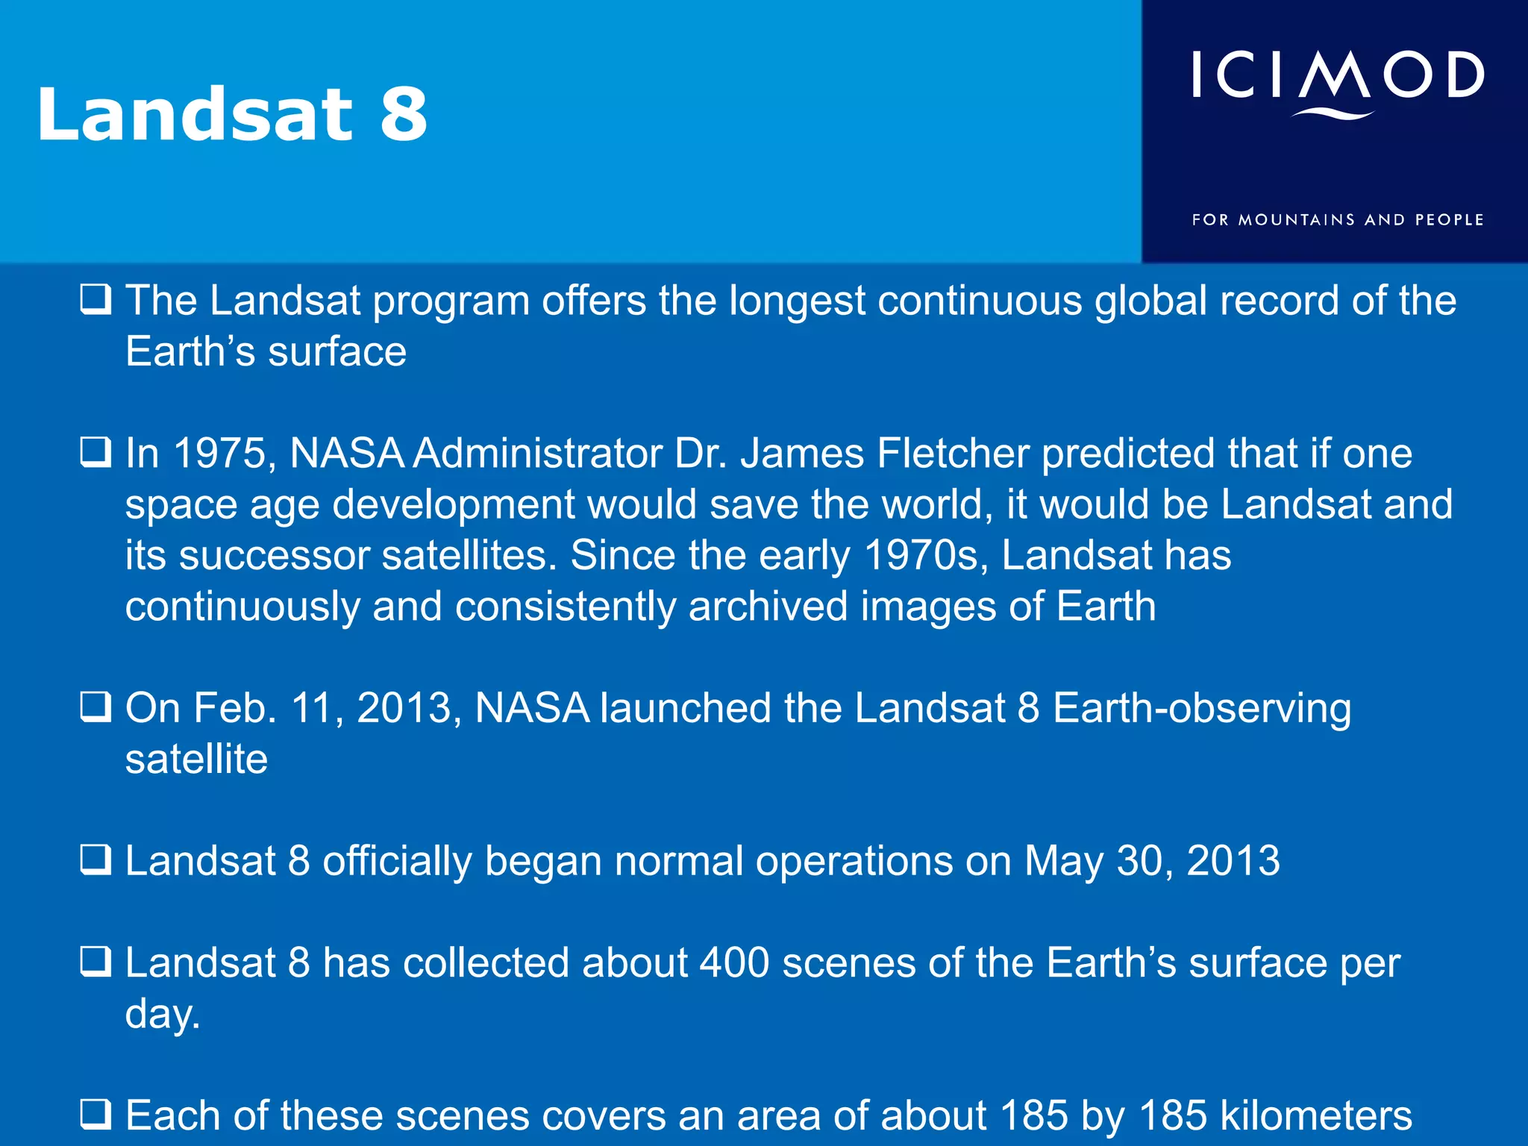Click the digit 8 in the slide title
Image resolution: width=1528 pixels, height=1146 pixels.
(x=404, y=114)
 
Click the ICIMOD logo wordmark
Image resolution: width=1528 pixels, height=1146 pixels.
(x=1337, y=75)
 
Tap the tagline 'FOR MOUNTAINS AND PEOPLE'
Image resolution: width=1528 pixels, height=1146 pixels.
(x=1337, y=220)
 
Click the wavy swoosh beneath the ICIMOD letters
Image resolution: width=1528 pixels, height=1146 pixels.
(x=1333, y=114)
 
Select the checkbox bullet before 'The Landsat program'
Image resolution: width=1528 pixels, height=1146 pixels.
(x=95, y=300)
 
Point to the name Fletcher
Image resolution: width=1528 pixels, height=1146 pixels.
(x=953, y=454)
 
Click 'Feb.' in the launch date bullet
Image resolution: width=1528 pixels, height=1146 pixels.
(x=234, y=708)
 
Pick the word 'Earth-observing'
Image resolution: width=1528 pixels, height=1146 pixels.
(x=1201, y=709)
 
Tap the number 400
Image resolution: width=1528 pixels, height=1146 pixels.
(x=734, y=962)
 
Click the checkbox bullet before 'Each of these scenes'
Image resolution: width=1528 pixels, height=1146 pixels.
(x=95, y=1115)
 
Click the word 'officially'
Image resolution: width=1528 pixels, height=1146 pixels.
(x=397, y=861)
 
